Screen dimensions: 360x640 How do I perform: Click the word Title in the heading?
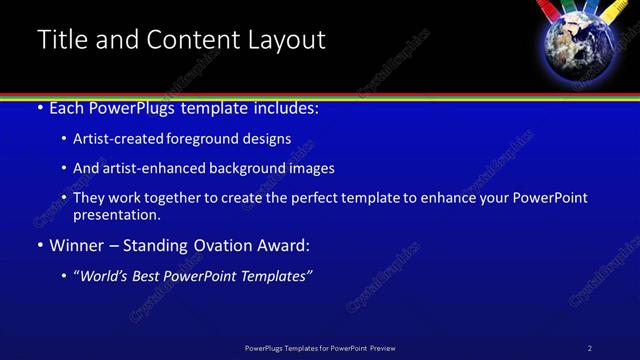coord(63,40)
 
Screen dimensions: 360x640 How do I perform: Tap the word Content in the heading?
coord(190,40)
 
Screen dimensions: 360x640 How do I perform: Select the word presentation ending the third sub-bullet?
coord(117,214)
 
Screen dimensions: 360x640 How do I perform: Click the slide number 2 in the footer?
coord(590,348)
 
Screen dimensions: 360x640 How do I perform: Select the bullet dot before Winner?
coord(40,245)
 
